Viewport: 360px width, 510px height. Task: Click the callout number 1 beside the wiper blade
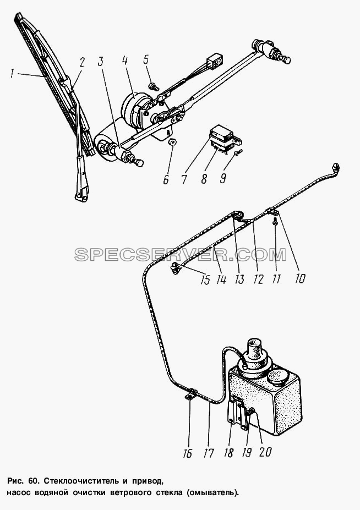pyautogui.click(x=12, y=74)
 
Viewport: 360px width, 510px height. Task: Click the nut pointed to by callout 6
pyautogui.click(x=172, y=142)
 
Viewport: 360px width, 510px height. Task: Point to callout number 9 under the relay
pyautogui.click(x=223, y=178)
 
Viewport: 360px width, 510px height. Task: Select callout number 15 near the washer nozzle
pyautogui.click(x=205, y=279)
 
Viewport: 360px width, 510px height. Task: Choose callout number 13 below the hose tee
pyautogui.click(x=239, y=279)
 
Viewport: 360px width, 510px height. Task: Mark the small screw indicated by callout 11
pyautogui.click(x=275, y=222)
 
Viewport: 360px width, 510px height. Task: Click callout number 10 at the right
pyautogui.click(x=300, y=278)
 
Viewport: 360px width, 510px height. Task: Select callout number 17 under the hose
pyautogui.click(x=208, y=453)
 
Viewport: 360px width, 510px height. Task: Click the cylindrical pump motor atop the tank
pyautogui.click(x=255, y=351)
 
